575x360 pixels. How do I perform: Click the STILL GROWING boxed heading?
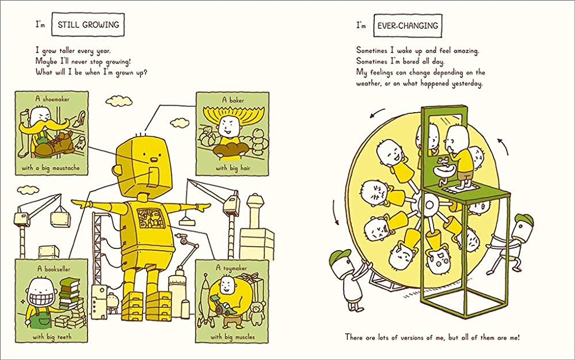pyautogui.click(x=88, y=25)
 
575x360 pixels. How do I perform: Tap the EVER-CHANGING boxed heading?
pyautogui.click(x=408, y=25)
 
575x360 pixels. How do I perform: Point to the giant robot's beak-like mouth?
pyautogui.click(x=154, y=159)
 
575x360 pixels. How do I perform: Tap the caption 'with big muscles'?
pyautogui.click(x=232, y=336)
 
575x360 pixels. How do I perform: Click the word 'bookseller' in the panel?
pyautogui.click(x=58, y=269)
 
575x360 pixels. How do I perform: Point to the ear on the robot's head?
pyautogui.click(x=117, y=170)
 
